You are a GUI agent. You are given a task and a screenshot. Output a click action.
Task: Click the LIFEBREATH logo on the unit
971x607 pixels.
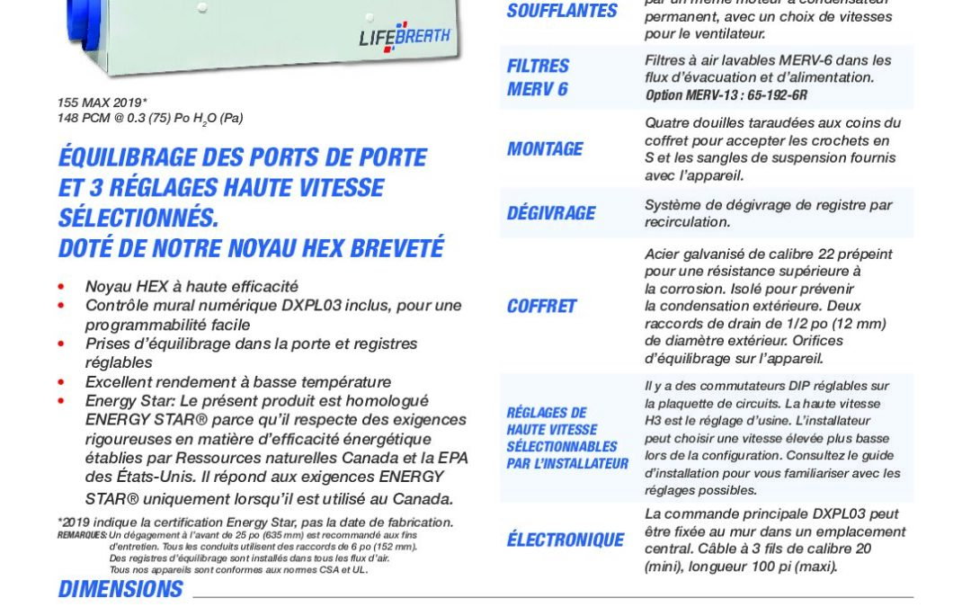point(404,36)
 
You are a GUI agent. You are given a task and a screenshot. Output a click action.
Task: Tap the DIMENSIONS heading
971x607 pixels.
point(120,589)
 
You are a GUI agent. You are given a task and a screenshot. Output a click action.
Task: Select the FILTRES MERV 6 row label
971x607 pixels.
point(538,77)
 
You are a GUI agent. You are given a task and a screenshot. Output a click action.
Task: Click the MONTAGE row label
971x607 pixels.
point(545,149)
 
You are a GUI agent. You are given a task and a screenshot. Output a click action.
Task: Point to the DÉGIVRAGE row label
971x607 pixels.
point(550,213)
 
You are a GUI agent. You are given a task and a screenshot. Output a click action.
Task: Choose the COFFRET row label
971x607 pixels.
point(541,306)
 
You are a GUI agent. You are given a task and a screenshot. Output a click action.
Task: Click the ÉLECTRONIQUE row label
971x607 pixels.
point(565,540)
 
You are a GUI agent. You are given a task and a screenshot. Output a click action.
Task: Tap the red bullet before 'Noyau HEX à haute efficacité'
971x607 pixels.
point(62,287)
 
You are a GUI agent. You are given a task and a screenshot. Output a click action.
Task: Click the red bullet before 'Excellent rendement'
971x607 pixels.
point(62,382)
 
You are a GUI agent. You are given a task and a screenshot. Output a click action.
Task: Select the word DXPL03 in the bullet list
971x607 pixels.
point(309,306)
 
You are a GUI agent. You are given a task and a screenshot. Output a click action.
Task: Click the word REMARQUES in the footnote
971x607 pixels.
point(82,534)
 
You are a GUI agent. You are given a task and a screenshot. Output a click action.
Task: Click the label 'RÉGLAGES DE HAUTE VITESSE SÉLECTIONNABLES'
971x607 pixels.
point(566,438)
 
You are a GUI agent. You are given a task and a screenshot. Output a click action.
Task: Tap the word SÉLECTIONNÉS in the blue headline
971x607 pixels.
point(138,218)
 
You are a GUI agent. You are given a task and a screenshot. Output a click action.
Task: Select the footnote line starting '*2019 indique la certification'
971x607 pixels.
point(255,522)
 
